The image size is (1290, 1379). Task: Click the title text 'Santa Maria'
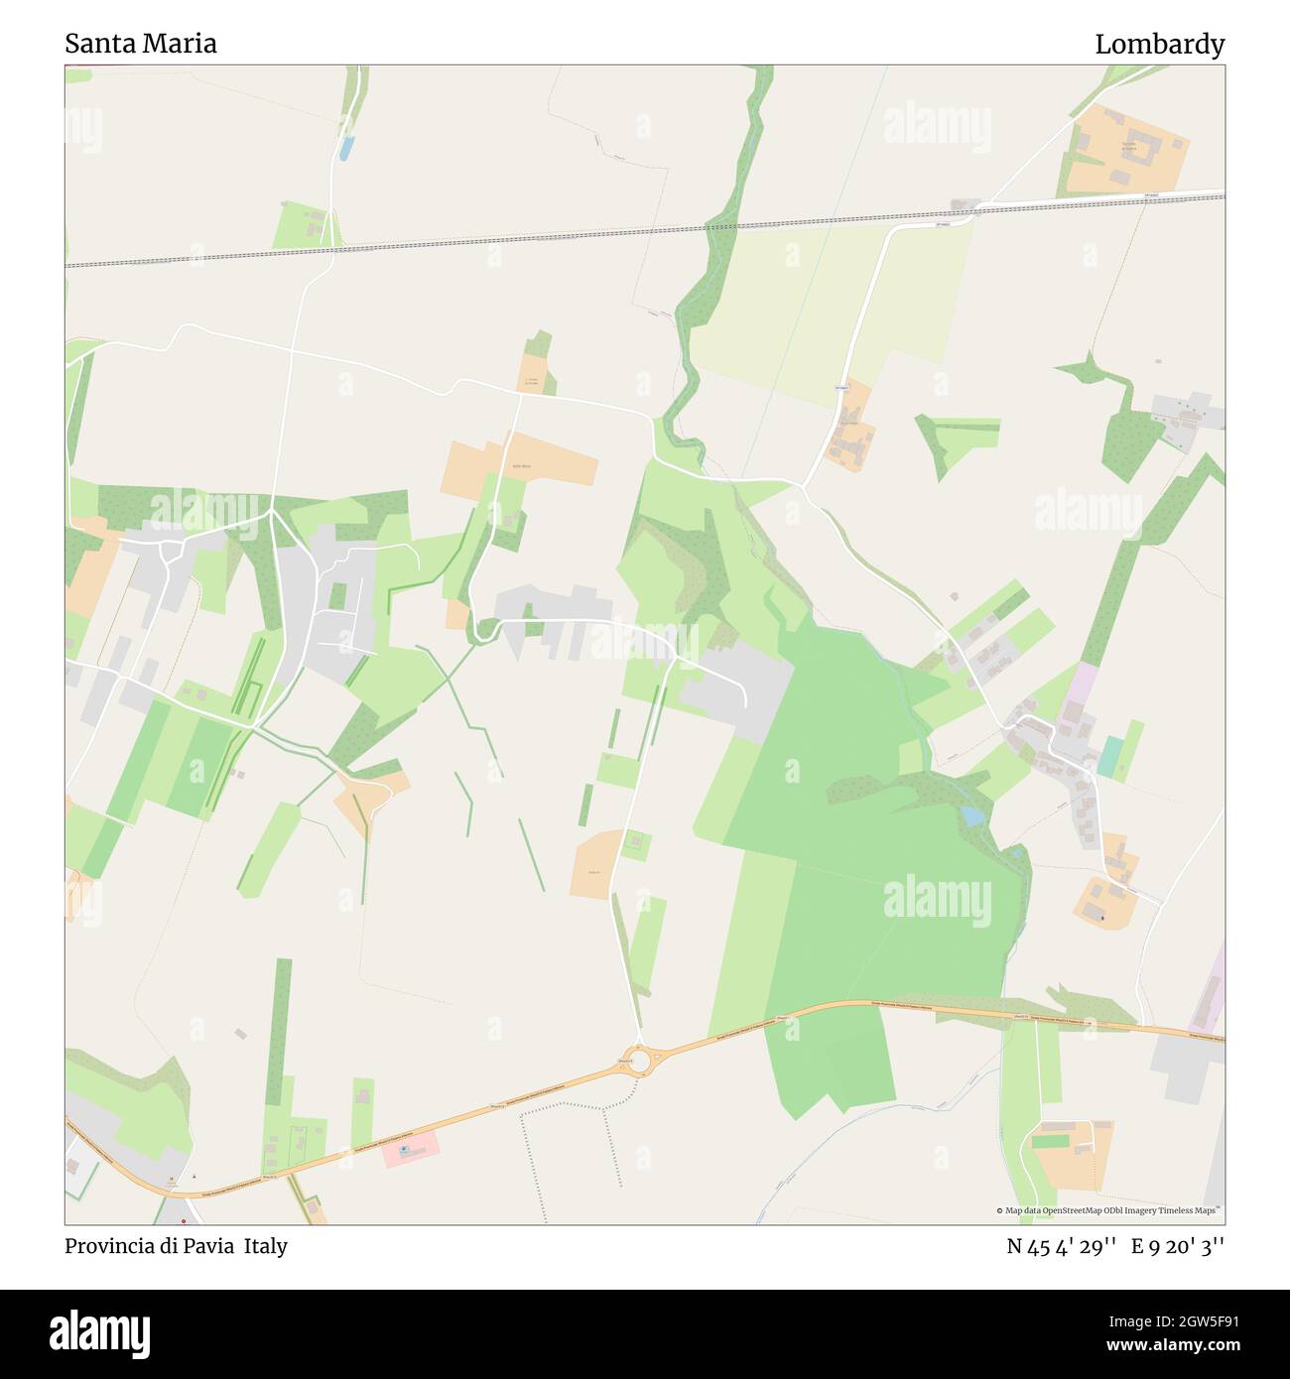(141, 44)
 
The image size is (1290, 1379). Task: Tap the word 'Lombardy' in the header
(1159, 44)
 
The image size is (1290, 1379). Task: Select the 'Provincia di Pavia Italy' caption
(177, 1246)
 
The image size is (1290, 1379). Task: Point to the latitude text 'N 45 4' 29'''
(1062, 1246)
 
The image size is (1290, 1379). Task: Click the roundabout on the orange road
(638, 1061)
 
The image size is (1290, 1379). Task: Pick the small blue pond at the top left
(345, 149)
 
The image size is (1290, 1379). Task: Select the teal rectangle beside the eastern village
(1109, 757)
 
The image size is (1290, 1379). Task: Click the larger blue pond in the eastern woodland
(972, 815)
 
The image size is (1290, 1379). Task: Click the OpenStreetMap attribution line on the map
(1109, 1210)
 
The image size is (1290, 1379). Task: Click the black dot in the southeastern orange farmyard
(1101, 918)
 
